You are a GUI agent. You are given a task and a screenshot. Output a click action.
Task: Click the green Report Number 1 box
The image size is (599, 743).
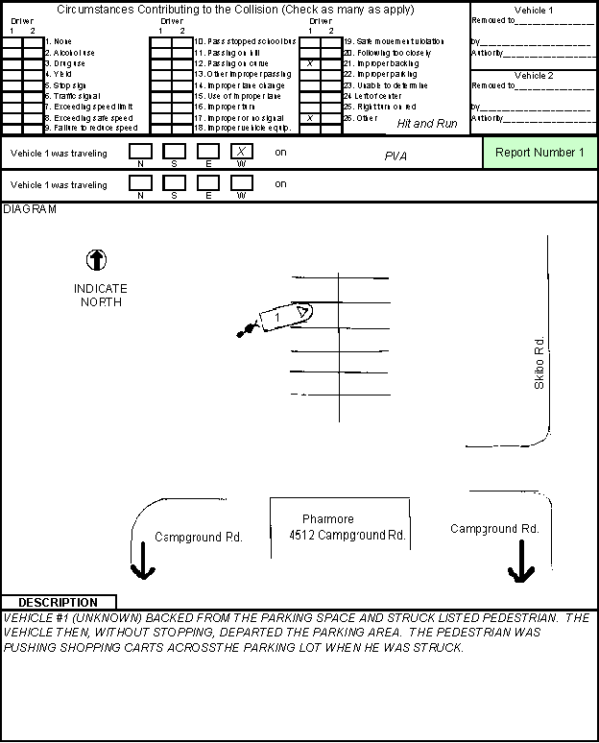click(x=539, y=153)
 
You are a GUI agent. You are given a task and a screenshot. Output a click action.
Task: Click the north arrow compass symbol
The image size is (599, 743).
click(x=97, y=259)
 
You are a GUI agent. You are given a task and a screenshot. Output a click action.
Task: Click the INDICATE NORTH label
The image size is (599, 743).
click(x=100, y=295)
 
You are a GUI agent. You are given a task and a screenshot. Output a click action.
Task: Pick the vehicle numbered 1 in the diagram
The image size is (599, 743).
click(x=284, y=316)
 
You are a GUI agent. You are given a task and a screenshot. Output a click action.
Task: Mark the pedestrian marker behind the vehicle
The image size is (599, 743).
click(x=247, y=330)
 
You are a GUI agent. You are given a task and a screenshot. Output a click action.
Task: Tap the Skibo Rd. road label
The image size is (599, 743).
click(x=539, y=363)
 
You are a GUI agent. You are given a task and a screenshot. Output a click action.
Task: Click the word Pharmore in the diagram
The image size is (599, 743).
click(x=327, y=518)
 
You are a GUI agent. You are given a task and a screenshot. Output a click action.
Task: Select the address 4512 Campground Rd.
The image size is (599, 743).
click(x=347, y=535)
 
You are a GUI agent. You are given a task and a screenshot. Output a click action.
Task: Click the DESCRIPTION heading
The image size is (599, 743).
click(x=58, y=602)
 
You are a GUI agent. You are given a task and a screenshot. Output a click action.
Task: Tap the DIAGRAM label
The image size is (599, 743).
click(x=30, y=208)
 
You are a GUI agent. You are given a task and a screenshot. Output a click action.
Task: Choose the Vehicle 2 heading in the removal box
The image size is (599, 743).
click(x=534, y=75)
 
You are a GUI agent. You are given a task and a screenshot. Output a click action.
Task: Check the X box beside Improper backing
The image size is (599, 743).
click(x=310, y=63)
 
